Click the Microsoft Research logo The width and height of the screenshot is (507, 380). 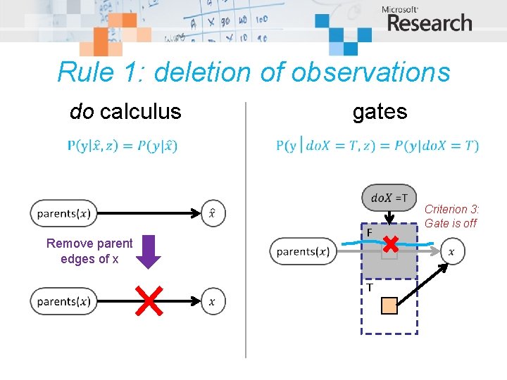(427, 20)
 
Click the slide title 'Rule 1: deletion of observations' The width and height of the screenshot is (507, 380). (254, 72)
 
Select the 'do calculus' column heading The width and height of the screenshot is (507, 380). (125, 111)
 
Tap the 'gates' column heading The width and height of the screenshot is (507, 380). (380, 111)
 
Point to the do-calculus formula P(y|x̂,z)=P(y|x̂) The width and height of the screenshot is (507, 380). (123, 146)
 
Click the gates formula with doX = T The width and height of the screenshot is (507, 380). (377, 146)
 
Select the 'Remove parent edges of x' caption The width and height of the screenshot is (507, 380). (89, 251)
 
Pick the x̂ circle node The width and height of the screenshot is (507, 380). (213, 213)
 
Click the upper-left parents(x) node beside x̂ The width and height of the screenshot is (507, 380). (64, 213)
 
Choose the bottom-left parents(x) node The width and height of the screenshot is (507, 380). (64, 301)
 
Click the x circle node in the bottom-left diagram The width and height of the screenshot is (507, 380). (213, 302)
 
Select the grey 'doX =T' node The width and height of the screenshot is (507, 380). (389, 198)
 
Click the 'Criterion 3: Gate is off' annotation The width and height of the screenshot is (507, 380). (452, 216)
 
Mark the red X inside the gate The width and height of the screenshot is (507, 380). (390, 245)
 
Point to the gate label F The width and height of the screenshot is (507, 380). (368, 233)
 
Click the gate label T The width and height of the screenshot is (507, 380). (368, 287)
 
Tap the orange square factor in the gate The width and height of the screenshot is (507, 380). (389, 305)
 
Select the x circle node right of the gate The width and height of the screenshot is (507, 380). (451, 251)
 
